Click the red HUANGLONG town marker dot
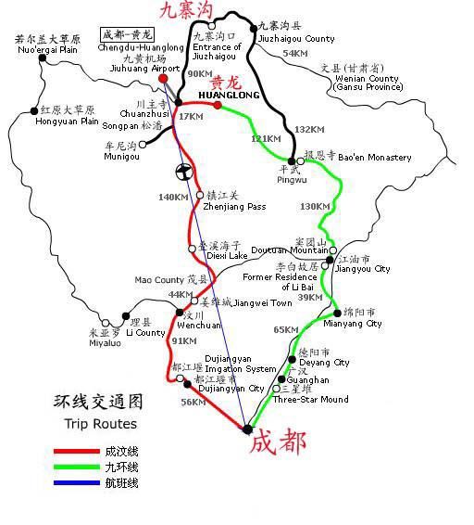point(218,105)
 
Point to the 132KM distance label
point(308,129)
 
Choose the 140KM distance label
point(172,198)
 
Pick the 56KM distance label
point(193,403)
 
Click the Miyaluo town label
point(105,342)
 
